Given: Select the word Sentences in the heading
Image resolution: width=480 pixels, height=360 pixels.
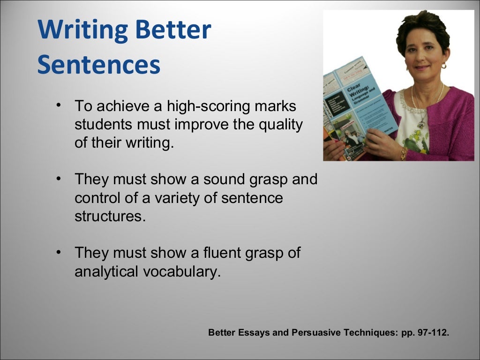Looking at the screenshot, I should coord(99,66).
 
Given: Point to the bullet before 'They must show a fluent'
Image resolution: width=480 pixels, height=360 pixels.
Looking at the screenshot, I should coord(58,252).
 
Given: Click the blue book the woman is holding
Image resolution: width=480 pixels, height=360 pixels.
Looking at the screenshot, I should coord(361,110).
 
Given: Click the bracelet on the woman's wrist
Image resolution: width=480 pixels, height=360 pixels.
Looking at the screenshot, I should coord(403,153).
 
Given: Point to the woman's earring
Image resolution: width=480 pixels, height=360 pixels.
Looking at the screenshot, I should coord(443,66).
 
